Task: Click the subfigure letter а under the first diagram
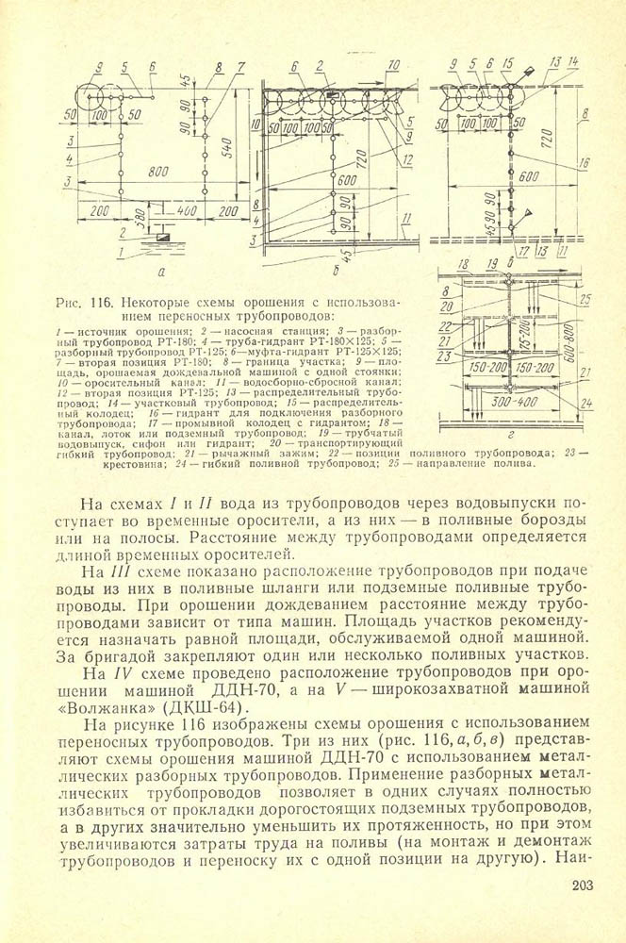[161, 271]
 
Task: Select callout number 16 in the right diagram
[584, 162]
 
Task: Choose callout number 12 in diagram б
[409, 160]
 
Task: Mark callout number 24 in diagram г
[585, 403]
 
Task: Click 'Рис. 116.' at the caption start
[83, 305]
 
